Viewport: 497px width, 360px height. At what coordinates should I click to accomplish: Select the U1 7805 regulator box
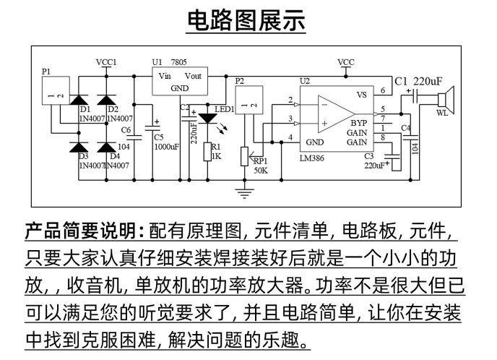coord(178,80)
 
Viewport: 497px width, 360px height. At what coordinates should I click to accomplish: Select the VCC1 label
coord(106,63)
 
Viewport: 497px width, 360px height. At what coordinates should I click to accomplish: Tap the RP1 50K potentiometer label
coord(261,166)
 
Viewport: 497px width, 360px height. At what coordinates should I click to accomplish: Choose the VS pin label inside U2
coord(363,95)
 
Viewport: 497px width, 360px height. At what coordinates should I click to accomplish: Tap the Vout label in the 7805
coord(194,75)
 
